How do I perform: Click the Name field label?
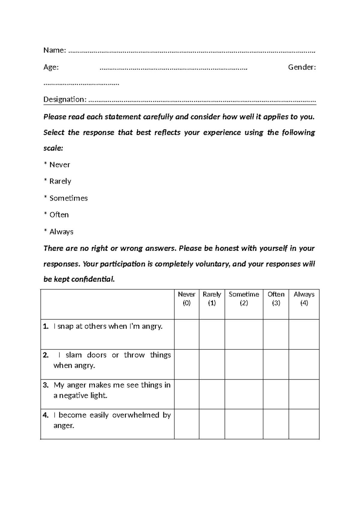[x=54, y=50]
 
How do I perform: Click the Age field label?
[x=51, y=67]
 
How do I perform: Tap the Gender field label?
[x=302, y=67]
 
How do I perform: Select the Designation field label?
[x=65, y=99]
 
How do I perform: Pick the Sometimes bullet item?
[x=68, y=198]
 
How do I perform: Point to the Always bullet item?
[x=61, y=232]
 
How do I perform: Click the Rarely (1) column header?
[x=212, y=299]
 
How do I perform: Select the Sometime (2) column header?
[x=244, y=299]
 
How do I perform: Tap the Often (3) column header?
[x=276, y=299]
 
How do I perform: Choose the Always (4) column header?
[x=304, y=299]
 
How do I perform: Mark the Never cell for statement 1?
[x=187, y=334]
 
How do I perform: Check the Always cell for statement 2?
[x=304, y=364]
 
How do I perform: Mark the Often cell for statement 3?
[x=276, y=394]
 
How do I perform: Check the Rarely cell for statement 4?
[x=212, y=424]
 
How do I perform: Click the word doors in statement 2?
[x=97, y=355]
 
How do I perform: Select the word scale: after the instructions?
[x=53, y=148]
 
